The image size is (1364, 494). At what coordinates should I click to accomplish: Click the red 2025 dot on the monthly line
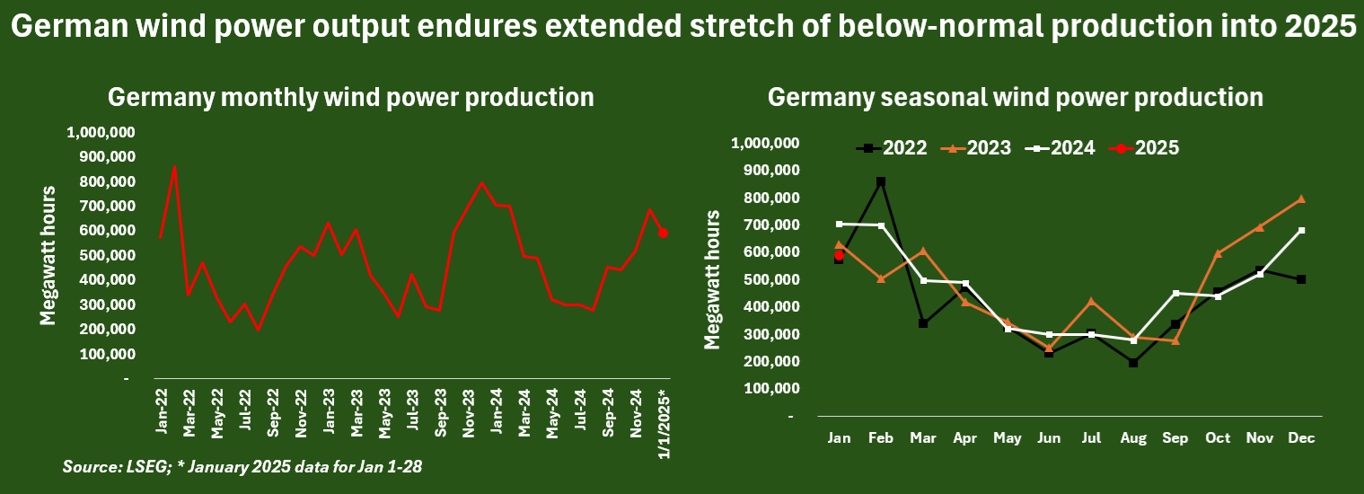coord(663,233)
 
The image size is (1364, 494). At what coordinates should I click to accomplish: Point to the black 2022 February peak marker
coord(881,181)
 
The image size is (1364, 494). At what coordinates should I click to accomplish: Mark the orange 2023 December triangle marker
coord(1301,199)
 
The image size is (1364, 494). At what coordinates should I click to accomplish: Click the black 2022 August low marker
coord(1134,363)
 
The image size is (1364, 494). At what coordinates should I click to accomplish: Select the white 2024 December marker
coord(1301,231)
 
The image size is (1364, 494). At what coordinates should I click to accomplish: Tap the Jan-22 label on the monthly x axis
coord(162,411)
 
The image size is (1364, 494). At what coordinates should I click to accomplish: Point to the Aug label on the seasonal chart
coord(1133,437)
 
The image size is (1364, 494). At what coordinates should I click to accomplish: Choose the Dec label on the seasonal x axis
coord(1301,437)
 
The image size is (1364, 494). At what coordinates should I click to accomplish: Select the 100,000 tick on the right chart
coord(770,389)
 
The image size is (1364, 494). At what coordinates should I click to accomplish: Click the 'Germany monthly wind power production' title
coord(351,97)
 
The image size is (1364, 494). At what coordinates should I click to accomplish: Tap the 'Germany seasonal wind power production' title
coord(1015,97)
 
